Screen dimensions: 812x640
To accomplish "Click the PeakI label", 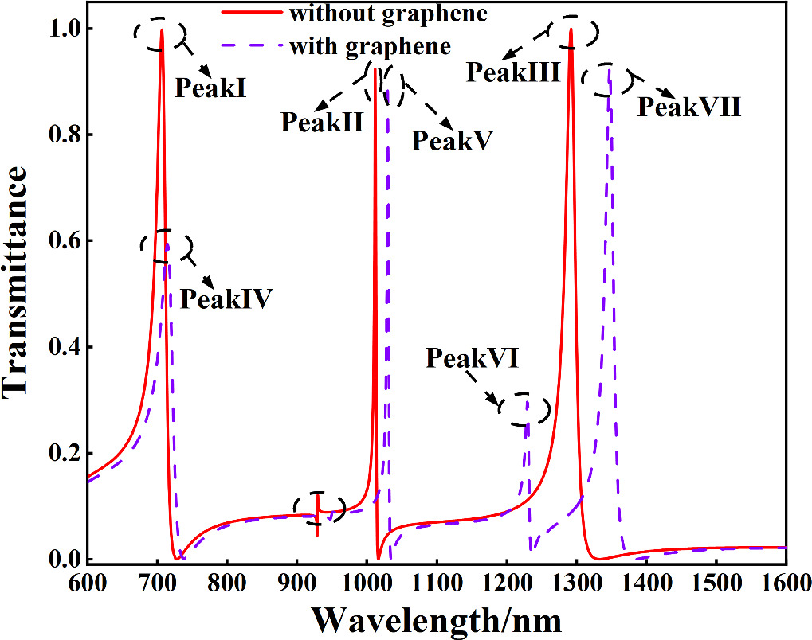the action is [210, 88].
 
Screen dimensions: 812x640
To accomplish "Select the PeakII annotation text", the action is [322, 122].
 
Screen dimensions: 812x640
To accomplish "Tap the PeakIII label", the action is [513, 72].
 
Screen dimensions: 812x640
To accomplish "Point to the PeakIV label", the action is [226, 299].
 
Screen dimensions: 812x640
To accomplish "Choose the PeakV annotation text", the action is [452, 140].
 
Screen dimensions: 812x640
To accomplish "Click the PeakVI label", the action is [472, 357].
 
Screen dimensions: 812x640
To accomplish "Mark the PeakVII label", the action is [688, 107].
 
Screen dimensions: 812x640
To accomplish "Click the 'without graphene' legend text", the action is [388, 14].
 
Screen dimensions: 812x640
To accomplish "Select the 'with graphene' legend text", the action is [371, 46].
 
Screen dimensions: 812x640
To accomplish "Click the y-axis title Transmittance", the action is [14, 282].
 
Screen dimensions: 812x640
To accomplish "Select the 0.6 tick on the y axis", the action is [63, 241].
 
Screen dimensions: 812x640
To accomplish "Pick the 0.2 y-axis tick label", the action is [63, 453].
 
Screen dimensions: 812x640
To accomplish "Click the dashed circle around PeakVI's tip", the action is [524, 408].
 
